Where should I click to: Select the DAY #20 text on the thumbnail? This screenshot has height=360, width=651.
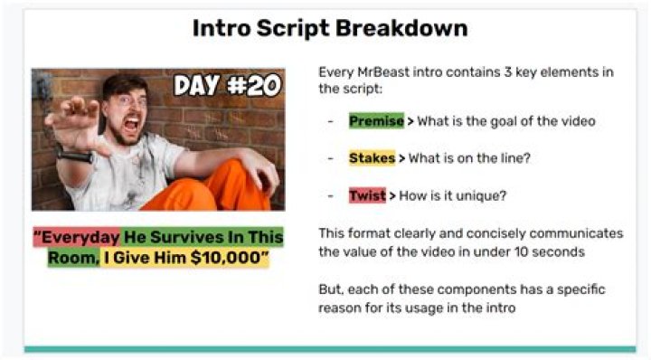[x=227, y=86]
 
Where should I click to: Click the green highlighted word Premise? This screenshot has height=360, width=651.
[x=376, y=121]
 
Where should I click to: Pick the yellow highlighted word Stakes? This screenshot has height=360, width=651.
[x=372, y=158]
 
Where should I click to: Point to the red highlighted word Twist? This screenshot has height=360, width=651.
[x=367, y=195]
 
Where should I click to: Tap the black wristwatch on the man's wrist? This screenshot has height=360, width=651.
[x=75, y=156]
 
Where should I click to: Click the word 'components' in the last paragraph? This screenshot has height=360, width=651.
[x=476, y=290]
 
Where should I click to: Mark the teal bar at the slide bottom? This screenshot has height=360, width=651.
[x=330, y=349]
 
